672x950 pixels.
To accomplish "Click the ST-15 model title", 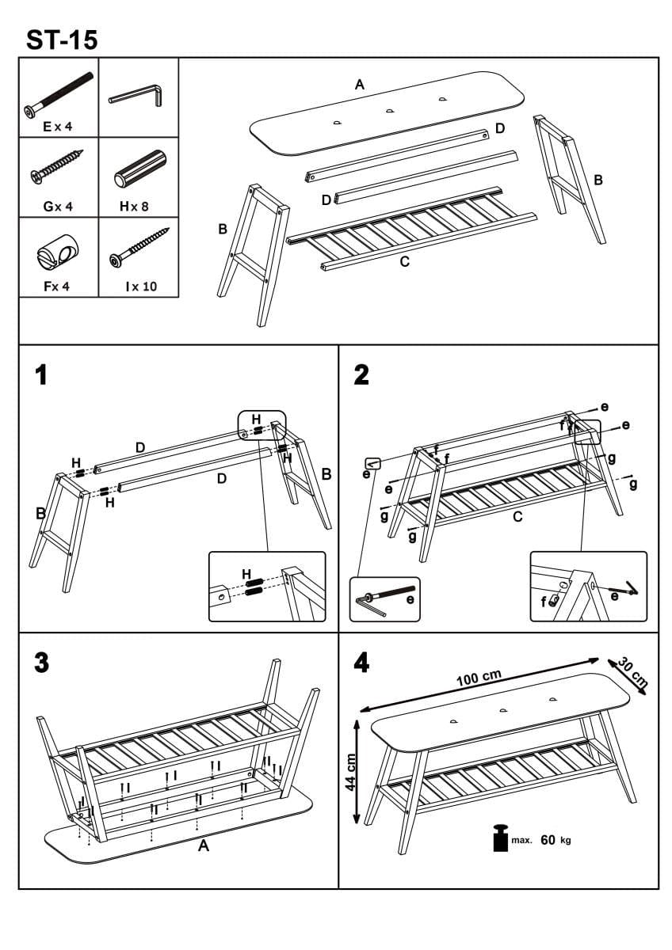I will (x=62, y=39).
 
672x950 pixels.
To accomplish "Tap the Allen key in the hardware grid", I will (x=136, y=97).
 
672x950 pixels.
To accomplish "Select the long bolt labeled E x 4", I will (x=59, y=94).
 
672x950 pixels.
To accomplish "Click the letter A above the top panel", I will (x=360, y=85).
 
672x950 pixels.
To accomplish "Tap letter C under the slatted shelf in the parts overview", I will (x=404, y=262).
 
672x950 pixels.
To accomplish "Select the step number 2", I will (x=361, y=374).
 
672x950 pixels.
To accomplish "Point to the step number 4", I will (x=361, y=663).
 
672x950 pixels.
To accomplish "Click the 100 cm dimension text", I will (x=479, y=678).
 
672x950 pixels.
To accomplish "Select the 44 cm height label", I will (x=351, y=770).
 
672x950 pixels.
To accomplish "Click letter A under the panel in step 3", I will (x=203, y=846).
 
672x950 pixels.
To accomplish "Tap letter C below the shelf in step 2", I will (x=517, y=517).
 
